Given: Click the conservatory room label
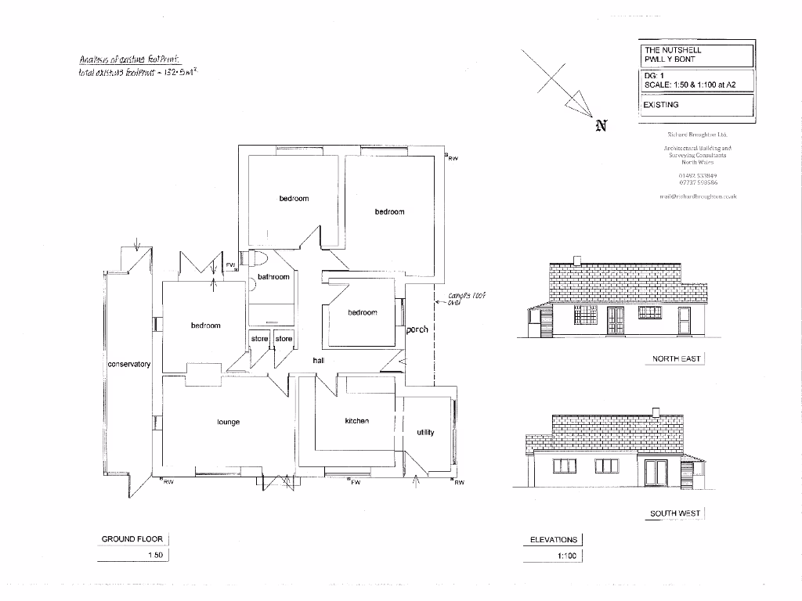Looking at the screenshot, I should [x=128, y=365].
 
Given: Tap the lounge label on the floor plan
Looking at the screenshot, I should [x=229, y=423].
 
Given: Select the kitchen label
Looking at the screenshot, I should [x=356, y=421].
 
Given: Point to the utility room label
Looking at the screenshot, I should [x=425, y=432].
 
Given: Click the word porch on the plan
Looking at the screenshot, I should [x=417, y=329].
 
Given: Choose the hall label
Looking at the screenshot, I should [x=318, y=360].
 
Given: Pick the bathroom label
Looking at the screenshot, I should [x=273, y=277].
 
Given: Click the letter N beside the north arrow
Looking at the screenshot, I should [x=601, y=126].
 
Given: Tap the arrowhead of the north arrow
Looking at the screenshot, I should [x=580, y=103].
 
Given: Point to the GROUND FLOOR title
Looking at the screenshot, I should [x=132, y=539].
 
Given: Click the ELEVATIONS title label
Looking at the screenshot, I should [x=554, y=540].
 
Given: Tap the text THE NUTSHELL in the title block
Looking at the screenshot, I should [x=673, y=50].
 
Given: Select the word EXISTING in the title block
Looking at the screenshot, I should [x=660, y=104].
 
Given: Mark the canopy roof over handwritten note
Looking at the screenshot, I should [x=467, y=300].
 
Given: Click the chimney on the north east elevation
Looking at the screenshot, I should [x=577, y=260].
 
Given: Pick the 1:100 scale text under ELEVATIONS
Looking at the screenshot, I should [x=566, y=556].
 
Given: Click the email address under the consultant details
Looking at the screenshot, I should [x=698, y=196].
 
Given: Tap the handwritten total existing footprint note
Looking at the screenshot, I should [x=137, y=71].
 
